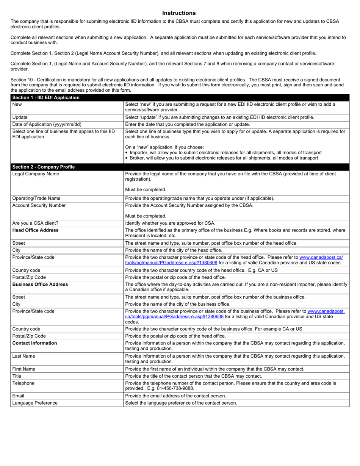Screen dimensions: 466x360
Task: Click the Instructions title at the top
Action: (179, 13)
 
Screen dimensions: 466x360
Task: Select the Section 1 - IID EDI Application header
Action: (46, 98)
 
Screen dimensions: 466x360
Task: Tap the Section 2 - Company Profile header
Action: (44, 167)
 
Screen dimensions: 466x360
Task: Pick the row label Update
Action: (20, 117)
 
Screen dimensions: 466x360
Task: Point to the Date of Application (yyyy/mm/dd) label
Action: (47, 124)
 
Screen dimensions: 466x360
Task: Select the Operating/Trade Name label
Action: (36, 199)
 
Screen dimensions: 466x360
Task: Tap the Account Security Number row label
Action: (39, 205)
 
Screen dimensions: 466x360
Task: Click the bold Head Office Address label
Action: (36, 230)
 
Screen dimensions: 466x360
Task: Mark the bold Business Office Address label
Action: (40, 284)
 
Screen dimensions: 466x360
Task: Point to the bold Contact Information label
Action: (35, 343)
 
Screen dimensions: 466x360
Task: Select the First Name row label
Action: (24, 369)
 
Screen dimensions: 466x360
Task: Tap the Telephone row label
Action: (23, 383)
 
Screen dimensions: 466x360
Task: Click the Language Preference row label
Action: (35, 403)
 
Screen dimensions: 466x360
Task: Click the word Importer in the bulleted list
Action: (139, 152)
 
